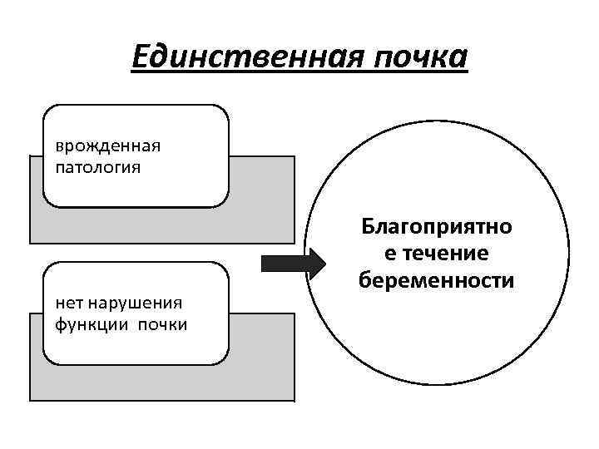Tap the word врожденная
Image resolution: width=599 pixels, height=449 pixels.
[107, 146]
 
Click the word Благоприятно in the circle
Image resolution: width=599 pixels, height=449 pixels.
[437, 227]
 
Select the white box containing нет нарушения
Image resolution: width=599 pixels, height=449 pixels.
[135, 349]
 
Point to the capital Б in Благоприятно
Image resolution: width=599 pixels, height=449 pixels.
[368, 227]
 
